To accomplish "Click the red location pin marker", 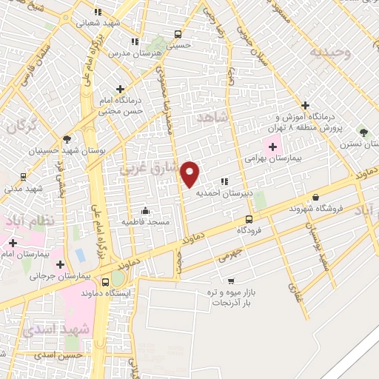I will point(191,175).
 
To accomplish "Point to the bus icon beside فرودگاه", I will point(249,219).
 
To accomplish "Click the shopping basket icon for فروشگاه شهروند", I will point(316,197).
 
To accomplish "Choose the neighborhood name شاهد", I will point(215,118).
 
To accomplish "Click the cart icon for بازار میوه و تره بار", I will point(232,281).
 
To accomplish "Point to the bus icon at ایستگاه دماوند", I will point(104,281).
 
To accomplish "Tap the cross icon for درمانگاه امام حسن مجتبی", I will point(119,90).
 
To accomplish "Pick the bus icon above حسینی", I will point(177,34).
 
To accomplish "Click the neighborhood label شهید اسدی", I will point(56,329).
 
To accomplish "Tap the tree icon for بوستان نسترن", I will point(363,131).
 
